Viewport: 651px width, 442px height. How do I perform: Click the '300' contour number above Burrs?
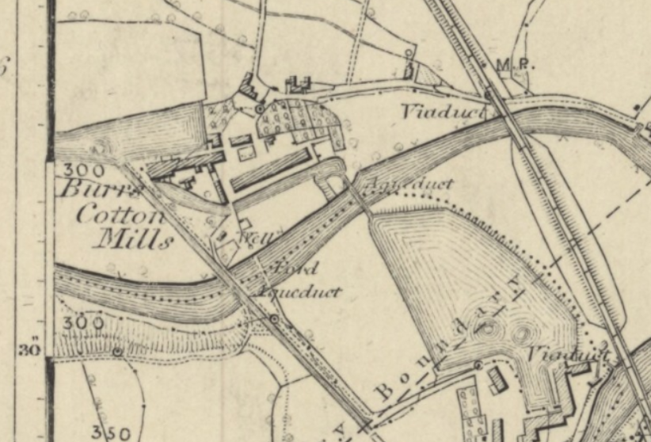tap(79, 170)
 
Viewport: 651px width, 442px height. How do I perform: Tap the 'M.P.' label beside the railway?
tap(511, 64)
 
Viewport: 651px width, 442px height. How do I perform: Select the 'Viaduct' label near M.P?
tap(432, 112)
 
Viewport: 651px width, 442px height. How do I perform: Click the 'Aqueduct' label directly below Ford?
tap(299, 292)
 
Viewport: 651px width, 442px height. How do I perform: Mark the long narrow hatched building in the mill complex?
tap(268, 171)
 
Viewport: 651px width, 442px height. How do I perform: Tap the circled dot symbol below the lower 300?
tap(117, 351)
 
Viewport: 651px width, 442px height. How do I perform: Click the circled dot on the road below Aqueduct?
tap(274, 318)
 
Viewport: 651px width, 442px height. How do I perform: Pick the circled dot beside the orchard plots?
tap(259, 109)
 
